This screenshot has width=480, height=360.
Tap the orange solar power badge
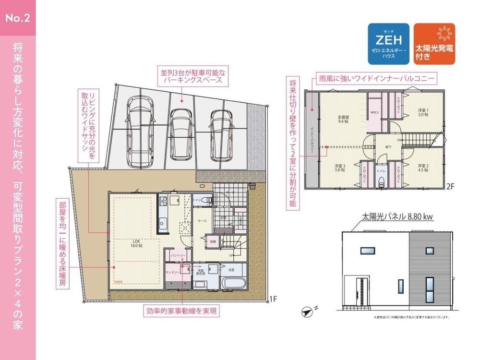click(434, 44)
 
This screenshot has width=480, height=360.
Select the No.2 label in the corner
click(18, 19)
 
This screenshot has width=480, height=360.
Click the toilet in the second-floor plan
click(382, 181)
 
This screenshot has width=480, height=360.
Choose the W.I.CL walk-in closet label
click(374, 113)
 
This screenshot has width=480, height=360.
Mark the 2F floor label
click(450, 186)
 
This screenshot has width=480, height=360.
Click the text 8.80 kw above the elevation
click(420, 217)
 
